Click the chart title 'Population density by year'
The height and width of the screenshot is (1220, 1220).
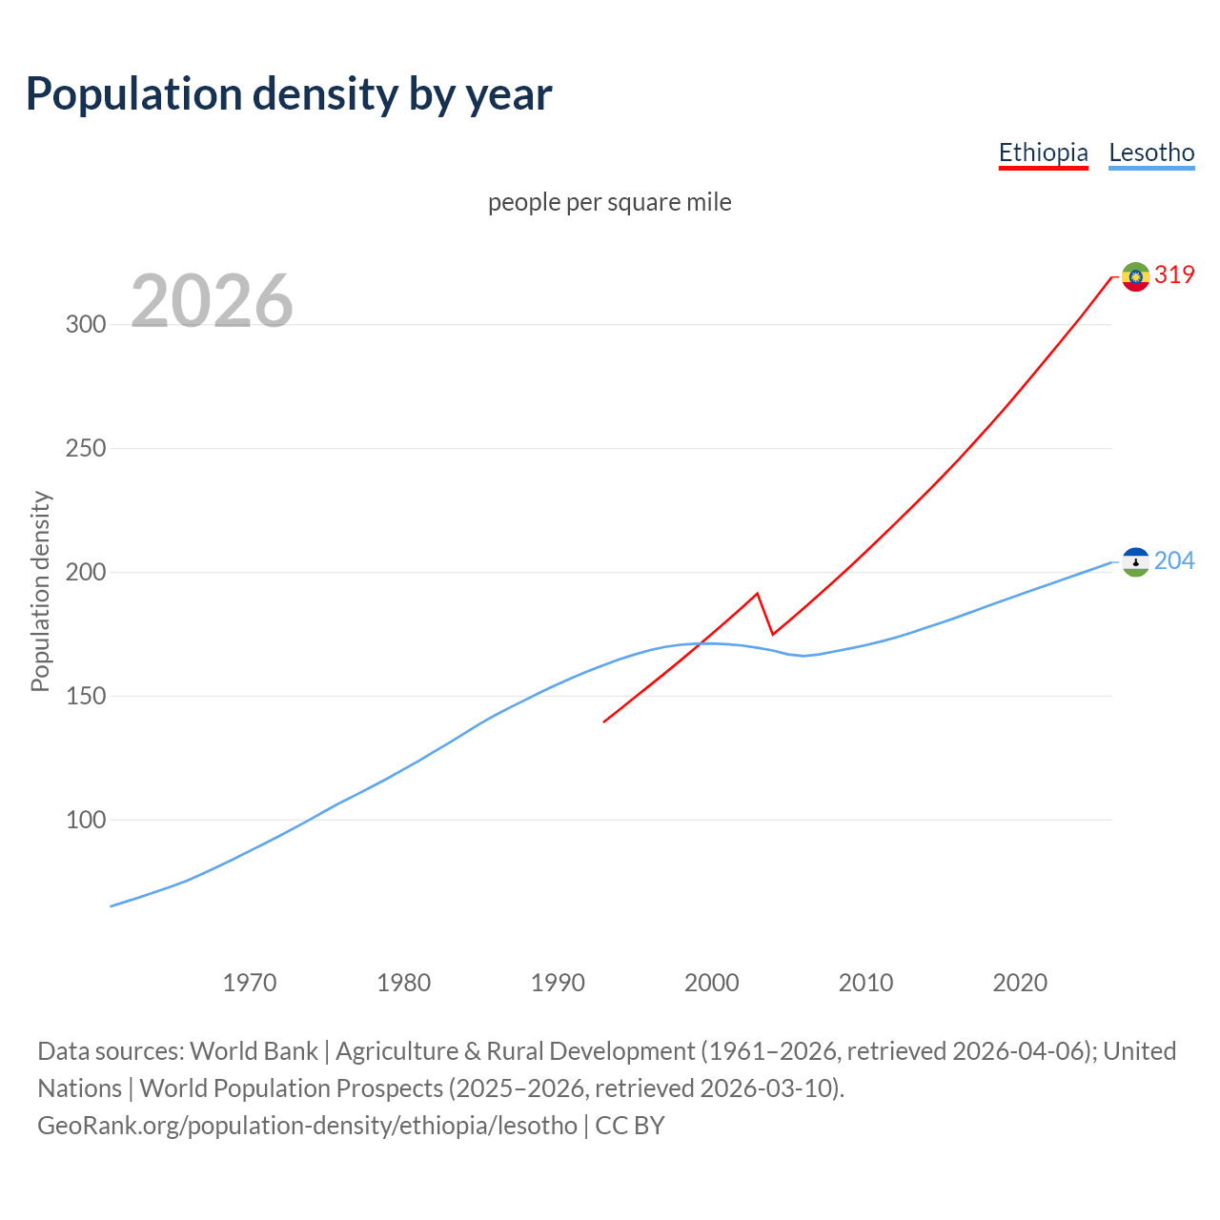pyautogui.click(x=289, y=93)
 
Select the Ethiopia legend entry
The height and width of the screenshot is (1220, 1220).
pyautogui.click(x=1043, y=152)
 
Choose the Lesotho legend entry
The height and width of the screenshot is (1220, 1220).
pyautogui.click(x=1151, y=152)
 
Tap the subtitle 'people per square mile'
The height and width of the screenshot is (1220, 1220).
pyautogui.click(x=610, y=202)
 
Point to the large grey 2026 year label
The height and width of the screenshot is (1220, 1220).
pyautogui.click(x=212, y=301)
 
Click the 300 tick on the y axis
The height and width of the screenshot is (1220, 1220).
pyautogui.click(x=86, y=324)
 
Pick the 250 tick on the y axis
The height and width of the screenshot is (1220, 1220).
pyautogui.click(x=86, y=448)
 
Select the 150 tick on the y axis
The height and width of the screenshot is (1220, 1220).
pyautogui.click(x=86, y=696)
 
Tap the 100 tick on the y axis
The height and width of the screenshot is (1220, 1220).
pyautogui.click(x=86, y=820)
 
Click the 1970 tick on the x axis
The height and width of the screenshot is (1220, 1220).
pyautogui.click(x=250, y=983)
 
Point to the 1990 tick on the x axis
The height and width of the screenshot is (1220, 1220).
pyautogui.click(x=558, y=983)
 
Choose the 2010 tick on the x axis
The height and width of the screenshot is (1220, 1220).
pyautogui.click(x=865, y=983)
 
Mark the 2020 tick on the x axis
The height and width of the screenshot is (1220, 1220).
pyautogui.click(x=1020, y=983)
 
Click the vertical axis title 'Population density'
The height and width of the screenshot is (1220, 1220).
pyautogui.click(x=40, y=591)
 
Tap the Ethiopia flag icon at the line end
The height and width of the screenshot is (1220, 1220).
pyautogui.click(x=1135, y=276)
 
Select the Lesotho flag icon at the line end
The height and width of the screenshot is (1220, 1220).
pyautogui.click(x=1135, y=562)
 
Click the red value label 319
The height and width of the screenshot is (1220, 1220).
pyautogui.click(x=1174, y=274)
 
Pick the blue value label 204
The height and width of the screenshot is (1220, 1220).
pyautogui.click(x=1174, y=560)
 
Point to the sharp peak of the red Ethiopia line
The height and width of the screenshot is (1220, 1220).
pyautogui.click(x=757, y=594)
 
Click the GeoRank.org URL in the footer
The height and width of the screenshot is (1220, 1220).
pyautogui.click(x=307, y=1126)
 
